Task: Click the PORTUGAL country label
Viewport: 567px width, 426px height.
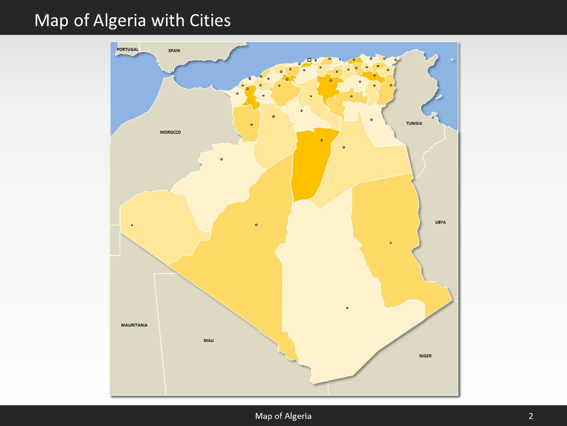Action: (x=128, y=49)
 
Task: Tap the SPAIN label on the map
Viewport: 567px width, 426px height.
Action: (x=174, y=51)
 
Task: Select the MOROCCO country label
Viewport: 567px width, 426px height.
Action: (x=170, y=132)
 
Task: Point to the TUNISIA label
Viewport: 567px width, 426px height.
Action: (x=414, y=123)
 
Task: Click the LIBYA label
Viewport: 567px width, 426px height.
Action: (x=441, y=222)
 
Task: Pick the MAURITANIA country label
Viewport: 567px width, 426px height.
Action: (x=134, y=325)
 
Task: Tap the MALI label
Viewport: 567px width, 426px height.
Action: (x=209, y=340)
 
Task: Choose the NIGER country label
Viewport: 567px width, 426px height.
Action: (x=425, y=356)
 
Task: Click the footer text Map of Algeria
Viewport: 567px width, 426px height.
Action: (x=283, y=416)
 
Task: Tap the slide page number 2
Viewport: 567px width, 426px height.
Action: (x=530, y=416)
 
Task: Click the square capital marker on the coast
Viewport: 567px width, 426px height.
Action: (x=309, y=60)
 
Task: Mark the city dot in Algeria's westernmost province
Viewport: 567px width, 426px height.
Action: (x=132, y=225)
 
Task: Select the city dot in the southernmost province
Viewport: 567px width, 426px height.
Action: (x=347, y=308)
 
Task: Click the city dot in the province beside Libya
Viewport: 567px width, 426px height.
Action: (x=390, y=243)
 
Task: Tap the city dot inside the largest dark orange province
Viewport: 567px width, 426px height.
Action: (x=321, y=140)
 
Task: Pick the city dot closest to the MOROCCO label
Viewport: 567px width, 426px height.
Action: (x=221, y=159)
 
